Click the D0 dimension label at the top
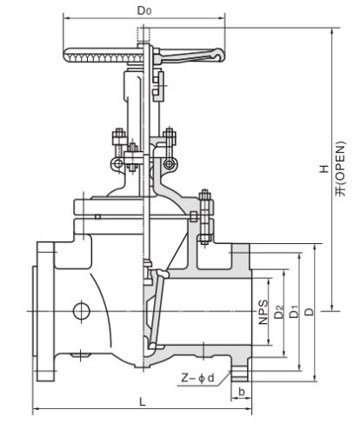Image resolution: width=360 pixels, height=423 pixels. click(144, 10)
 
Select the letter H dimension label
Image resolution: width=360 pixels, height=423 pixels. click(324, 169)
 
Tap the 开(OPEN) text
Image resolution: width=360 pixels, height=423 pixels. click(341, 169)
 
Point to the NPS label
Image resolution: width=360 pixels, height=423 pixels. click(263, 312)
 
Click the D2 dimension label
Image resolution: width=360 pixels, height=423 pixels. click(279, 312)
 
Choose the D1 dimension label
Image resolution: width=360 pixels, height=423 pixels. click(294, 312)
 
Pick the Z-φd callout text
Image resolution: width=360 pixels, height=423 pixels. click(198, 378)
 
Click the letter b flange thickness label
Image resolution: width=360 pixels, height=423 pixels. click(242, 392)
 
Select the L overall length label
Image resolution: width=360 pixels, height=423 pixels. click(142, 402)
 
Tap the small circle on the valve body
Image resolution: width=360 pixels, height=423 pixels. click(81, 311)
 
